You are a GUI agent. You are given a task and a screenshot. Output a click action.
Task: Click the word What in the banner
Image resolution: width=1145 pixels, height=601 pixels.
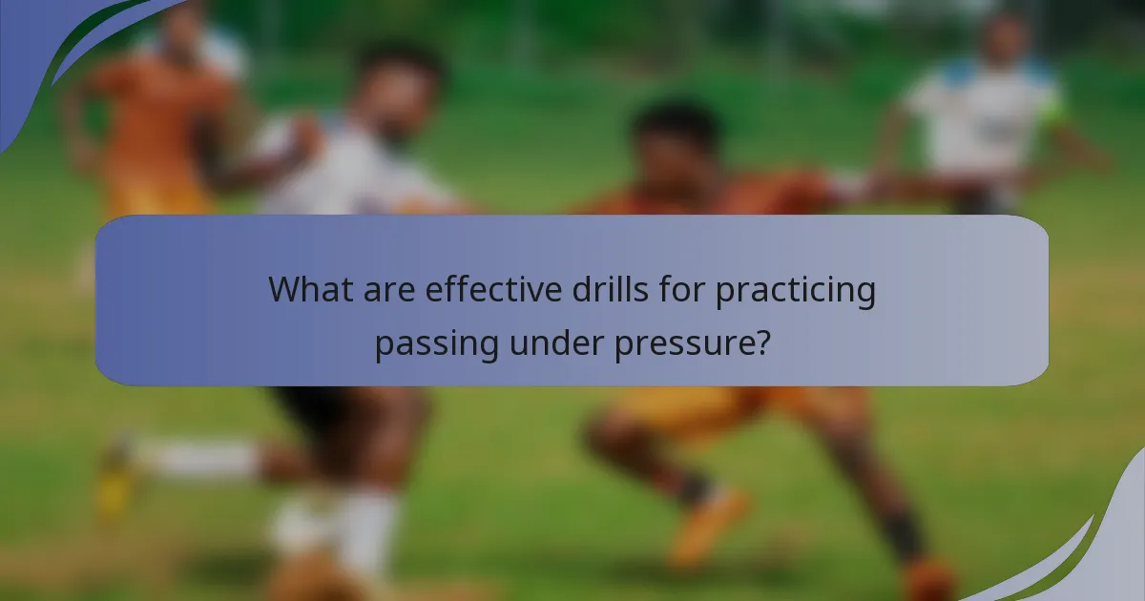point(308,288)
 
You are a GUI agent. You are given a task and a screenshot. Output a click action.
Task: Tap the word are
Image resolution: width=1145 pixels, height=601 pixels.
point(388,288)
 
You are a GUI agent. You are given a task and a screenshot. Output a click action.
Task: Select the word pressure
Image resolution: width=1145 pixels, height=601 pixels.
point(684,342)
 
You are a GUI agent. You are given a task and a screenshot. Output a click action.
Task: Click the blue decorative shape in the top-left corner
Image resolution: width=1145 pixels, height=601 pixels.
point(38,48)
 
